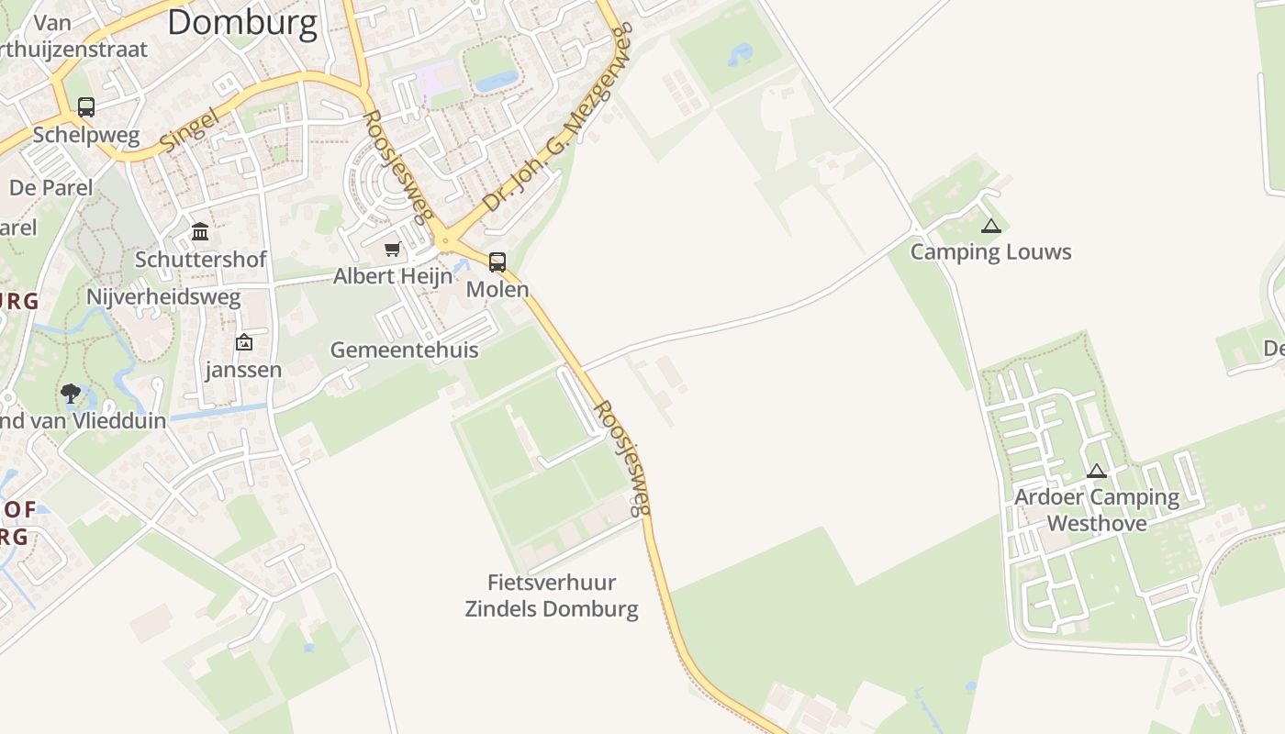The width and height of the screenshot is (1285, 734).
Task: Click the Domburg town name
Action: click(242, 22)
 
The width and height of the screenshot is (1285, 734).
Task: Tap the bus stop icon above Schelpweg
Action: click(86, 107)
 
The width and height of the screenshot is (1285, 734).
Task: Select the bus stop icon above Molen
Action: click(497, 262)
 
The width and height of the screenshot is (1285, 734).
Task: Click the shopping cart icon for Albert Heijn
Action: click(393, 249)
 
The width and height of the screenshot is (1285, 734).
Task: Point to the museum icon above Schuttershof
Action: click(200, 231)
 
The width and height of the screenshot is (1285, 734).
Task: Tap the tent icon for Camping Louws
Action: click(990, 226)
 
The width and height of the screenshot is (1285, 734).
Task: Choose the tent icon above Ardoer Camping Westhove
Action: click(1096, 472)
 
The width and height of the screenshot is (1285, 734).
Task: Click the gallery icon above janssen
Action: click(244, 342)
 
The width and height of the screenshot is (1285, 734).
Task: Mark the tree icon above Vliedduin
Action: click(71, 394)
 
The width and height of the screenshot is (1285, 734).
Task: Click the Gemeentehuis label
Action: click(404, 350)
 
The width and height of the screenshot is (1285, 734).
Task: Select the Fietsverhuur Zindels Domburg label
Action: click(552, 595)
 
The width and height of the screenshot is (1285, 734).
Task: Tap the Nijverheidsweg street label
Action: click(163, 297)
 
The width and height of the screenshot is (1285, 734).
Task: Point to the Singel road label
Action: click(189, 129)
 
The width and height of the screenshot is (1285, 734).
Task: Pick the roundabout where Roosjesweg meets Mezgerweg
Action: click(446, 242)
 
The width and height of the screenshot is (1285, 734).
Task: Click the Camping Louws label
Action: click(990, 252)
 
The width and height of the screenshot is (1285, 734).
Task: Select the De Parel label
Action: click(51, 187)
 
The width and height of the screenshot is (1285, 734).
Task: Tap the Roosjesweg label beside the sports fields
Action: click(623, 457)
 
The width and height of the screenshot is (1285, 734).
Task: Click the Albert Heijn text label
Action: click(393, 276)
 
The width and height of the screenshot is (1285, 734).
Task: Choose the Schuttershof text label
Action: click(201, 260)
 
